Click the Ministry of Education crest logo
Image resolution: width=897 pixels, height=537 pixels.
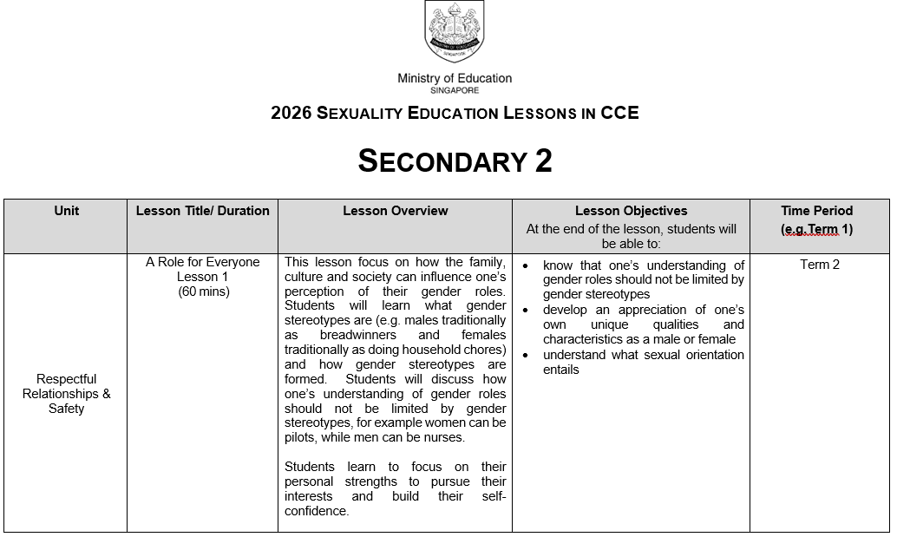pos(454,31)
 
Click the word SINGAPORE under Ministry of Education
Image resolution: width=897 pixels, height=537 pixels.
pos(454,90)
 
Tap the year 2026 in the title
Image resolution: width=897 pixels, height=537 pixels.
pos(291,113)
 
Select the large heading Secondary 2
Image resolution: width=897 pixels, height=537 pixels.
pos(455,161)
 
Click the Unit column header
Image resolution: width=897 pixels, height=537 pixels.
pos(66,211)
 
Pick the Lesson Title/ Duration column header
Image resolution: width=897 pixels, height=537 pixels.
pos(202,211)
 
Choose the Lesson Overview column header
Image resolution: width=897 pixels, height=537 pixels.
pos(395,211)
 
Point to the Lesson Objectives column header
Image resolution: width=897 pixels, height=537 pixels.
pos(631,211)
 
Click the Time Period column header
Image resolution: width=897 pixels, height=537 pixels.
pos(816,211)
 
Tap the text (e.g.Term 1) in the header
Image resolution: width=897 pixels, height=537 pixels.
pos(816,229)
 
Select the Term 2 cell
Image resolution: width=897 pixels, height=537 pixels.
pos(819,265)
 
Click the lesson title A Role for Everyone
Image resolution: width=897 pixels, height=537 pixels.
pos(202,262)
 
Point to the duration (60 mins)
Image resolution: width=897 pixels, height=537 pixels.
pos(202,291)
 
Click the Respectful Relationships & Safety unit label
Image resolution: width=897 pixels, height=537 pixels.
pos(66,394)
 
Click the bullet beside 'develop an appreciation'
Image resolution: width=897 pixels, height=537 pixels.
pos(526,310)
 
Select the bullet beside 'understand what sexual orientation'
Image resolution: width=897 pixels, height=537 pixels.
pos(526,355)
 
